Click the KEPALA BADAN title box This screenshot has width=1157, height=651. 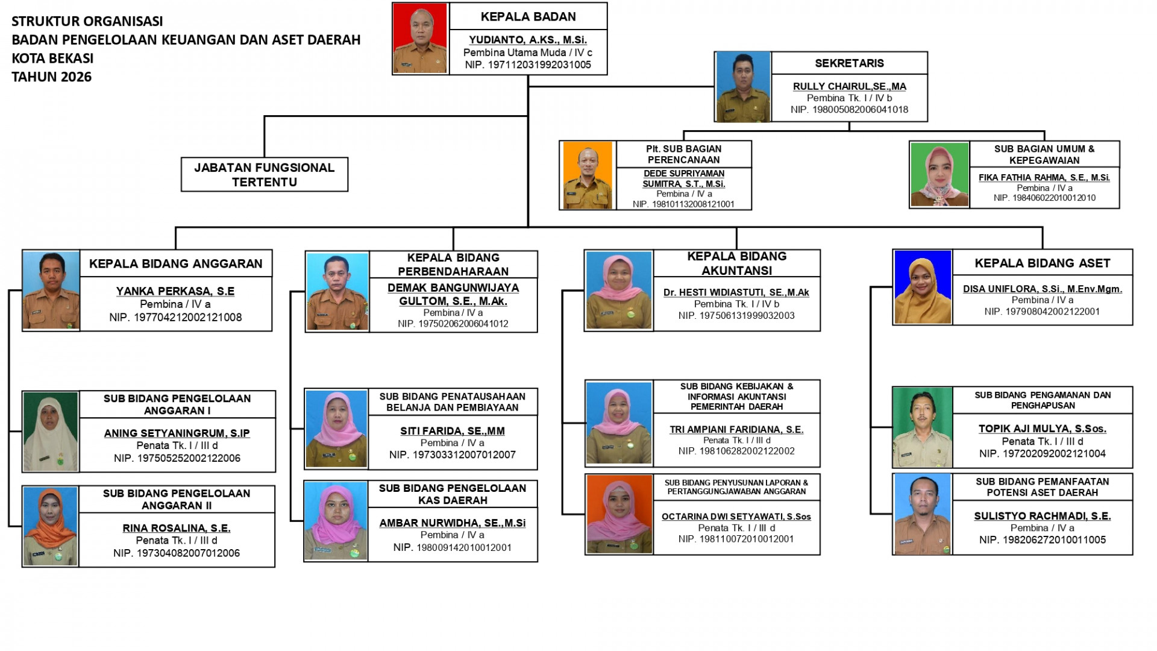pyautogui.click(x=528, y=16)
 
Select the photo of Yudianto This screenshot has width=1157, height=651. pyautogui.click(x=420, y=38)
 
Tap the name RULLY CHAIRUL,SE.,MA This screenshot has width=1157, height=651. pyautogui.click(x=849, y=86)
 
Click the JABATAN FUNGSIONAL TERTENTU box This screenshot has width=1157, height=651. pyautogui.click(x=265, y=175)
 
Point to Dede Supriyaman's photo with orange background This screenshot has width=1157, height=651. pyautogui.click(x=588, y=175)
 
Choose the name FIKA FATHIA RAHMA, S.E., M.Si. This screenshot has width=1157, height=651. pyautogui.click(x=1044, y=177)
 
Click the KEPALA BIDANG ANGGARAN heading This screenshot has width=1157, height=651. pyautogui.click(x=176, y=263)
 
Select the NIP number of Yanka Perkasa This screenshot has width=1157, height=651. pyautogui.click(x=175, y=317)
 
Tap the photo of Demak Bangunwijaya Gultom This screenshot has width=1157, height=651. pyautogui.click(x=337, y=292)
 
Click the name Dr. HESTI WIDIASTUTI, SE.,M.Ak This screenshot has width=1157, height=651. pyautogui.click(x=736, y=292)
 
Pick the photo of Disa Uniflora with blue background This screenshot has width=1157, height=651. pyautogui.click(x=923, y=287)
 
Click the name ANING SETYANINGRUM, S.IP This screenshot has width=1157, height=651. pyautogui.click(x=177, y=433)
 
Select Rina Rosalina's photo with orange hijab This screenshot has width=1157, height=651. pyautogui.click(x=51, y=526)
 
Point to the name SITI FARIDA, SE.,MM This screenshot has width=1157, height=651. pyautogui.click(x=453, y=431)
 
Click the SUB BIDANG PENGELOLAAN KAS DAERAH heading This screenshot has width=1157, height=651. pyautogui.click(x=453, y=494)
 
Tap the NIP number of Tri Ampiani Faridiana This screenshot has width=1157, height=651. pyautogui.click(x=736, y=451)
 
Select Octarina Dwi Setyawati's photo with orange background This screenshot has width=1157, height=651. pyautogui.click(x=619, y=514)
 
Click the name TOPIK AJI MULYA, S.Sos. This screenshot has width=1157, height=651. pyautogui.click(x=1043, y=429)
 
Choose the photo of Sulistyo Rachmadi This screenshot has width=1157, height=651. pyautogui.click(x=923, y=514)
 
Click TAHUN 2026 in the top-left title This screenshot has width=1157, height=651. pyautogui.click(x=52, y=77)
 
